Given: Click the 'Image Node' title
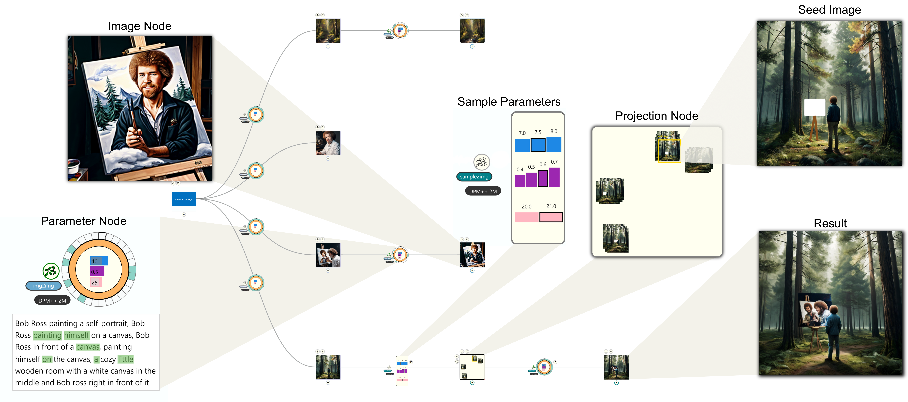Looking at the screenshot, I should click(140, 26).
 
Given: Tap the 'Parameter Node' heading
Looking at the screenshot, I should click(84, 221).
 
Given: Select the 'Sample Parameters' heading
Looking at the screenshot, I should click(509, 102).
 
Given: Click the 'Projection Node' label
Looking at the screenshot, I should click(656, 116).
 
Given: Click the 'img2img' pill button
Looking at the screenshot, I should click(43, 286).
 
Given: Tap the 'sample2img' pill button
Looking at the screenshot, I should click(474, 177).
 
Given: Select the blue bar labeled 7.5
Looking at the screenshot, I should click(538, 145).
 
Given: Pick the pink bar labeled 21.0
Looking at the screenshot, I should click(551, 217).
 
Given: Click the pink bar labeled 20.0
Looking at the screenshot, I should click(526, 217).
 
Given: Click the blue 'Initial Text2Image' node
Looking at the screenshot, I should click(184, 199).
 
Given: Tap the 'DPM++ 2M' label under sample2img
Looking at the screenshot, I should click(483, 191).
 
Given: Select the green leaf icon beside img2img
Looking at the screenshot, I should click(51, 271).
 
